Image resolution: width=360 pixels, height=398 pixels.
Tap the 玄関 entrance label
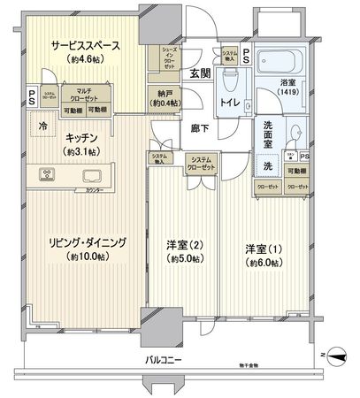(x=198, y=73)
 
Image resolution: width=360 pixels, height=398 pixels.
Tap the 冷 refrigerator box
(x=42, y=126)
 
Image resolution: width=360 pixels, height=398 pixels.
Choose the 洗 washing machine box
(x=266, y=166)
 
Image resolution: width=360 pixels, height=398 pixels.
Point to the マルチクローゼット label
(x=77, y=93)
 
